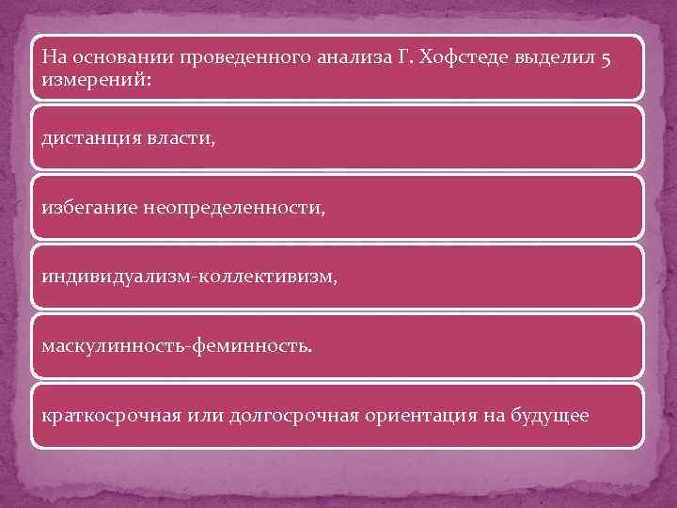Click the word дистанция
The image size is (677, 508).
point(91,138)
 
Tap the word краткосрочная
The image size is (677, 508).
point(110,416)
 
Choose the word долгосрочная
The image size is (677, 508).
point(293,416)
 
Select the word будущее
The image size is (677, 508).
point(552,416)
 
